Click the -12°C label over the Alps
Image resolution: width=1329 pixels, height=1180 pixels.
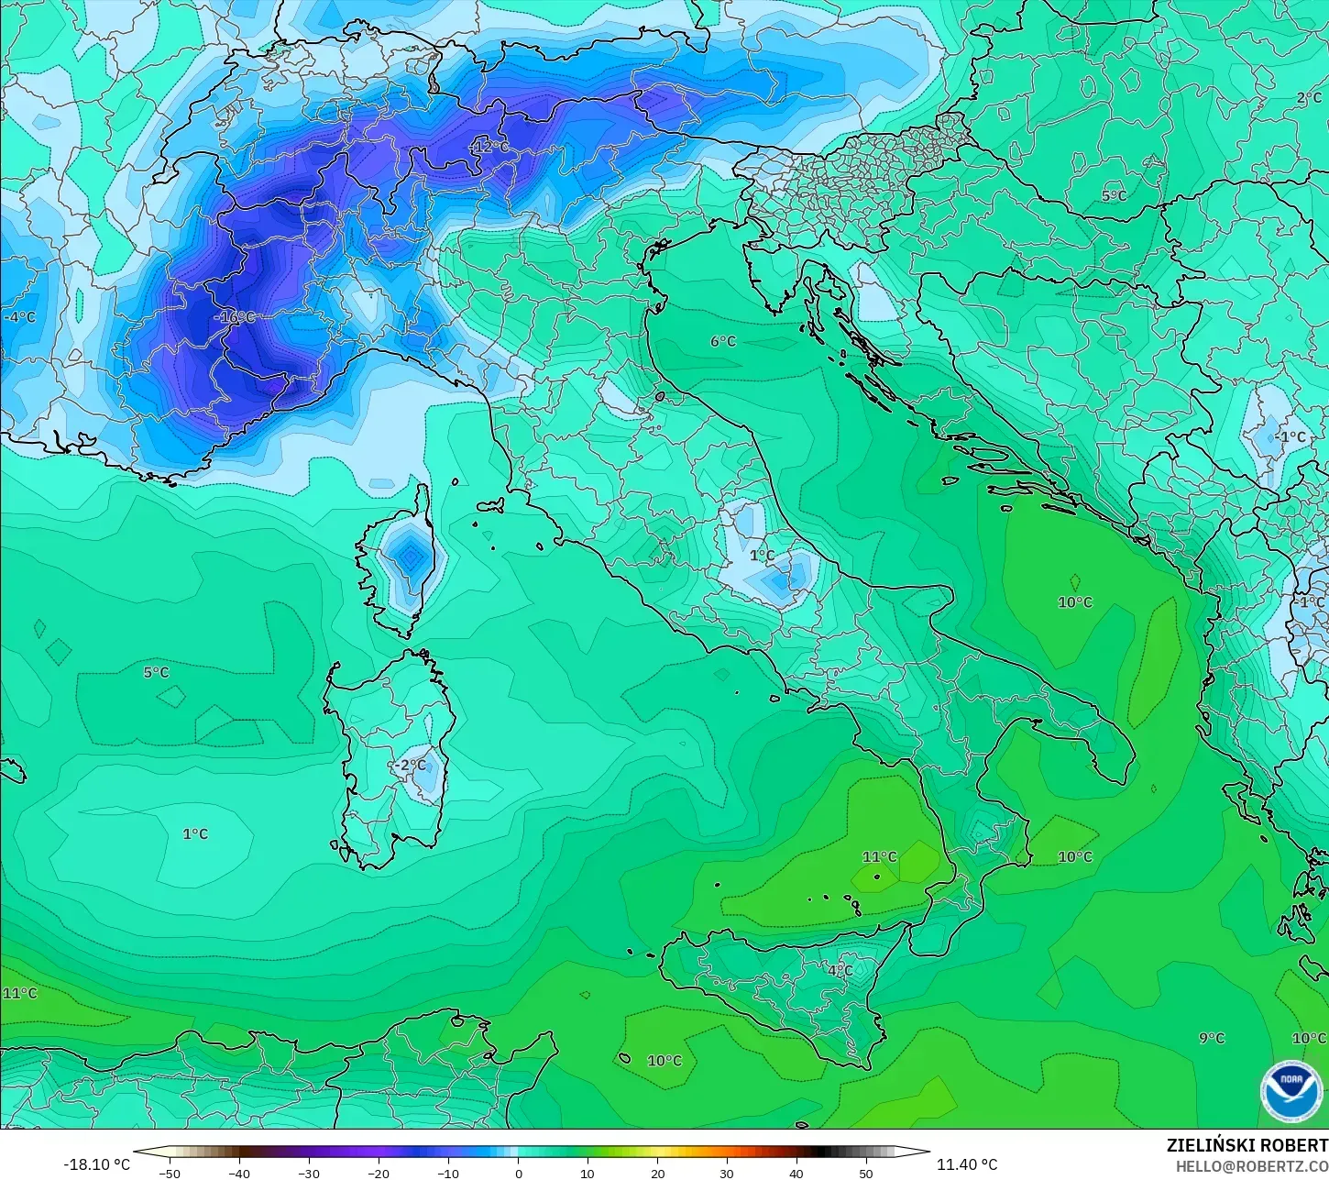pyautogui.click(x=489, y=147)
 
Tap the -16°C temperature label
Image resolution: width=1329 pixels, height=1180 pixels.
pyautogui.click(x=235, y=317)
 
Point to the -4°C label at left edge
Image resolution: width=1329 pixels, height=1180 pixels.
pyautogui.click(x=19, y=317)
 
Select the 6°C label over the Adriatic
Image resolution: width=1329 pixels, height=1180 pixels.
pyautogui.click(x=723, y=341)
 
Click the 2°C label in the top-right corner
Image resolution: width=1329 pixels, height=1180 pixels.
pyautogui.click(x=1309, y=98)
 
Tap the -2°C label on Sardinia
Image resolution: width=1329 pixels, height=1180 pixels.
pyautogui.click(x=411, y=765)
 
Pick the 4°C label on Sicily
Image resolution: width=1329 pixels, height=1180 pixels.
pyautogui.click(x=840, y=970)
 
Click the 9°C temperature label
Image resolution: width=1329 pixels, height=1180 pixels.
pyautogui.click(x=1212, y=1038)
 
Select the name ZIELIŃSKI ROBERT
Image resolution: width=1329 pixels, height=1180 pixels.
pyautogui.click(x=1247, y=1146)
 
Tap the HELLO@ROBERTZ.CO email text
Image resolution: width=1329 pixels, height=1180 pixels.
pyautogui.click(x=1252, y=1166)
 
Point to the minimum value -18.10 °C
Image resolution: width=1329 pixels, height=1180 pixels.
pyautogui.click(x=96, y=1164)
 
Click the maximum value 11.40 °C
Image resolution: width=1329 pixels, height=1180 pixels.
pyautogui.click(x=967, y=1164)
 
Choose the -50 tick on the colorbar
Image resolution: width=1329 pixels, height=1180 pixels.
pyautogui.click(x=169, y=1173)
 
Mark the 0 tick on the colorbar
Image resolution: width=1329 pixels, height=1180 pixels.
pyautogui.click(x=518, y=1173)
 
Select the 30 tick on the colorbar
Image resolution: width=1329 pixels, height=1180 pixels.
pyautogui.click(x=727, y=1173)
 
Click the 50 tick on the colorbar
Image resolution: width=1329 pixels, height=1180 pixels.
pyautogui.click(x=866, y=1173)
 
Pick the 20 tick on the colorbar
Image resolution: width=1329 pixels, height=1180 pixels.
pyautogui.click(x=657, y=1173)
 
